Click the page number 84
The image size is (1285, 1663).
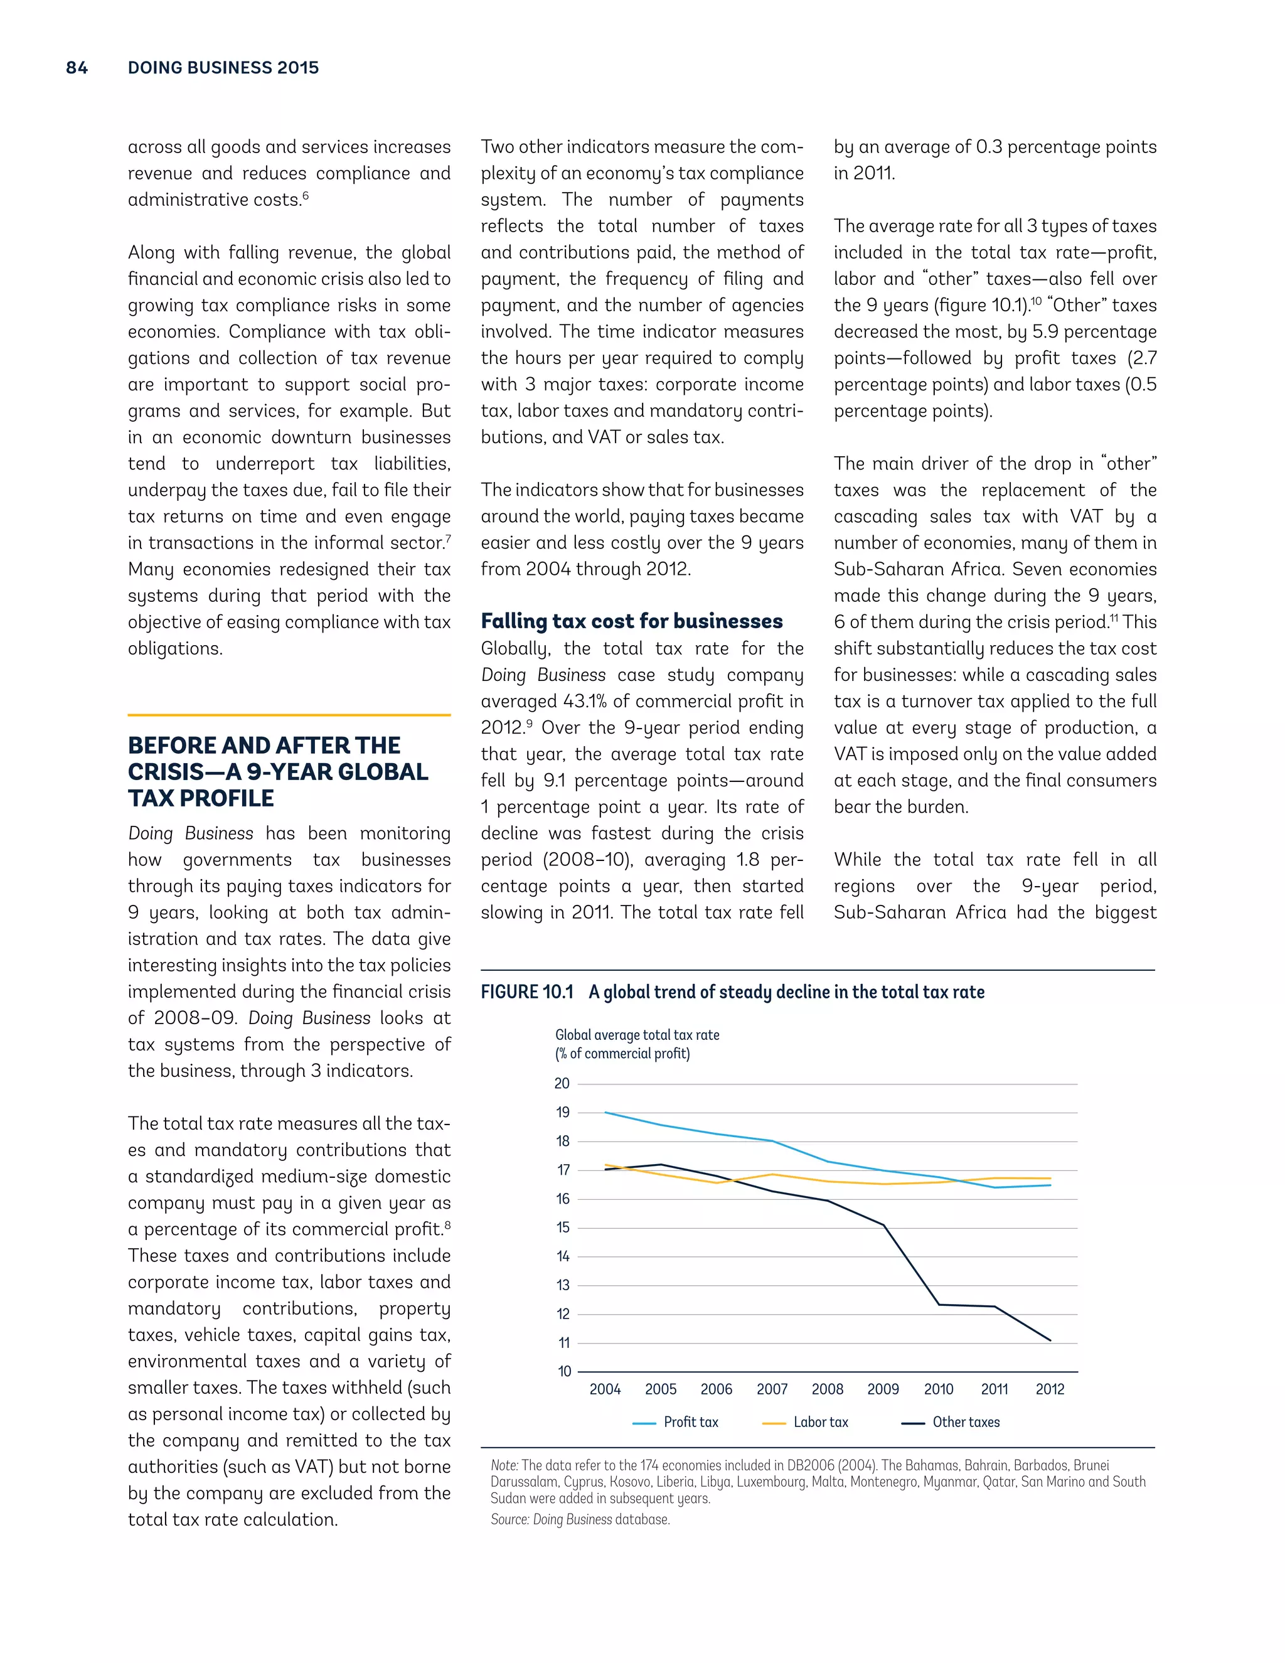[x=77, y=68]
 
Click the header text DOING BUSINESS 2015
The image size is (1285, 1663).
[x=223, y=68]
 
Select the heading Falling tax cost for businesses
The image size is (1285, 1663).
[x=631, y=621]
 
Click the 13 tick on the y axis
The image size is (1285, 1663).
[x=563, y=1285]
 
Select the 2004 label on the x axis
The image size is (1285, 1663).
[x=605, y=1389]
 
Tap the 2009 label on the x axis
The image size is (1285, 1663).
[x=883, y=1389]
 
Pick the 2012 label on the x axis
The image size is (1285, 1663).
[x=1050, y=1389]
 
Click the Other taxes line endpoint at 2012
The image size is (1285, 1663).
[x=1050, y=1341]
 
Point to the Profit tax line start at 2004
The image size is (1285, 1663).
[x=605, y=1113]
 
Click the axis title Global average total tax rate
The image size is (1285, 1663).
[x=637, y=1035]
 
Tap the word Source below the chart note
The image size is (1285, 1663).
[x=508, y=1520]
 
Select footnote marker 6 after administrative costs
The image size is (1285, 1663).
[x=306, y=196]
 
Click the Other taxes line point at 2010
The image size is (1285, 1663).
[x=939, y=1305]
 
